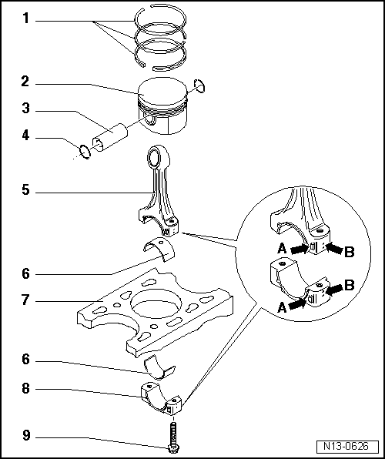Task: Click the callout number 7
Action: [x=25, y=300]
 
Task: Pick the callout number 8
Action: [x=25, y=390]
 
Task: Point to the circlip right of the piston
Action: [x=200, y=87]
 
